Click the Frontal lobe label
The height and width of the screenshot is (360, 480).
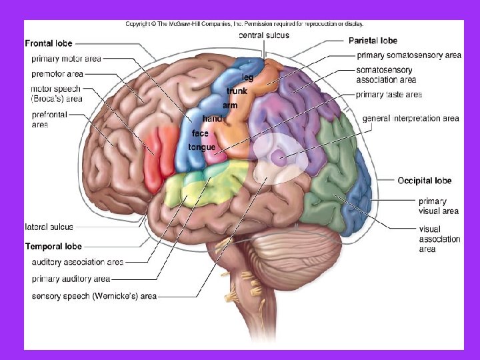[49, 43]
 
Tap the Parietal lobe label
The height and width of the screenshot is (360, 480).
[373, 41]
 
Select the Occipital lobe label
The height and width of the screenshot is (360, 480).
[424, 181]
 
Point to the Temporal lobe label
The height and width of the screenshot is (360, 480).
[53, 247]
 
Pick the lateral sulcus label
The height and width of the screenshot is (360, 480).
[49, 227]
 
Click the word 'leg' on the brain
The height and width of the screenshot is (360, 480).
[247, 78]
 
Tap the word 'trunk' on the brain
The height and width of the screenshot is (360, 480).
[236, 91]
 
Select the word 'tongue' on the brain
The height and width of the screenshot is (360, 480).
[201, 147]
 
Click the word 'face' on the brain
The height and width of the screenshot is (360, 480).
[200, 133]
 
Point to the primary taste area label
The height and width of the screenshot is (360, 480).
[389, 95]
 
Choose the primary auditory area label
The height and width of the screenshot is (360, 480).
[71, 279]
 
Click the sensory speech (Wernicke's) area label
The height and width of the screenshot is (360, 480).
[94, 295]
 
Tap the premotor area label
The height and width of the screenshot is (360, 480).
[57, 74]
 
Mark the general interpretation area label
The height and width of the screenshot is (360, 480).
[411, 119]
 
